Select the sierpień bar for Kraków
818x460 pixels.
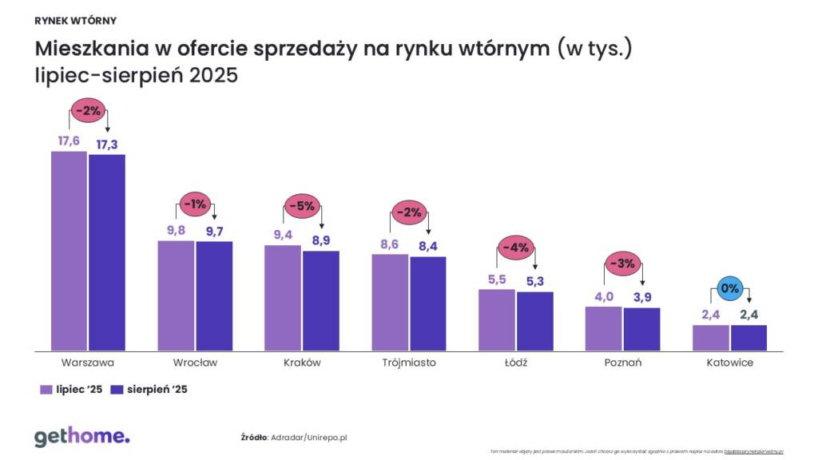pyautogui.click(x=320, y=300)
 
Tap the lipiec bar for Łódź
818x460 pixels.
pyautogui.click(x=497, y=319)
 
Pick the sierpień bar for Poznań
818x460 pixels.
pyautogui.click(x=641, y=329)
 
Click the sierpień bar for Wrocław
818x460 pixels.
pyautogui.click(x=214, y=295)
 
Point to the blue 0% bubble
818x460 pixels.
pyautogui.click(x=729, y=287)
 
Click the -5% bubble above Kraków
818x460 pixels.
pyautogui.click(x=301, y=205)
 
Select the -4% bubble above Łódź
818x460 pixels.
pyautogui.click(x=515, y=247)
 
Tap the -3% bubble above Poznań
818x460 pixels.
pyautogui.click(x=622, y=264)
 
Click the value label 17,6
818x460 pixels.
pyautogui.click(x=69, y=141)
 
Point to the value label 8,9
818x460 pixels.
pyautogui.click(x=320, y=239)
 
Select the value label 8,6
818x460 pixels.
pyautogui.click(x=391, y=243)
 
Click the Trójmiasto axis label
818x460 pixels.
pyautogui.click(x=408, y=363)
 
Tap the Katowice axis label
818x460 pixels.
pyautogui.click(x=729, y=363)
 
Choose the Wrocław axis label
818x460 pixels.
pyautogui.click(x=195, y=363)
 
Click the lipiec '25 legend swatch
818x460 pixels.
pyautogui.click(x=46, y=390)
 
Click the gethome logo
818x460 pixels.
pyautogui.click(x=81, y=436)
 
